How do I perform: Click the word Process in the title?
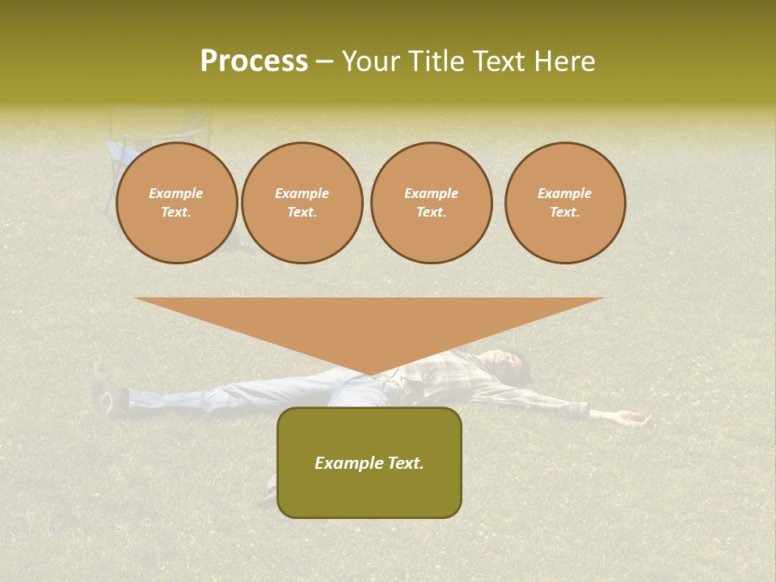click(254, 61)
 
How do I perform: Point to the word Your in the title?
click(371, 61)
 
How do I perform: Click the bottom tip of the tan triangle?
click(370, 373)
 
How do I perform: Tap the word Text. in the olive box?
click(404, 463)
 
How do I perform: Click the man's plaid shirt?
click(453, 376)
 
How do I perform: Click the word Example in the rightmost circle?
click(564, 193)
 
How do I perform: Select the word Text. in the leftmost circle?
click(176, 213)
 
